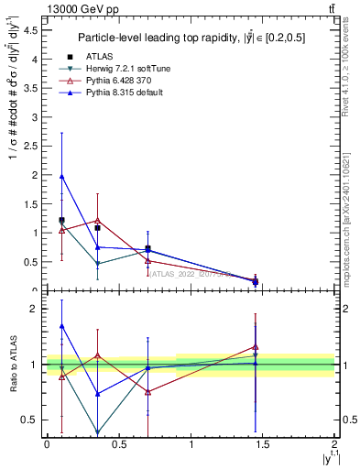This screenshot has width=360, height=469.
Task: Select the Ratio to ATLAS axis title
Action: pyautogui.click(x=12, y=365)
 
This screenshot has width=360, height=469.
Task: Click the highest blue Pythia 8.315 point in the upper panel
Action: pyautogui.click(x=61, y=176)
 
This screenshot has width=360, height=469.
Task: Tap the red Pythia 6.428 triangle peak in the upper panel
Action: pyautogui.click(x=97, y=221)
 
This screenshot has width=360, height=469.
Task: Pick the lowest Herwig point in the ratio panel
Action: pyautogui.click(x=97, y=432)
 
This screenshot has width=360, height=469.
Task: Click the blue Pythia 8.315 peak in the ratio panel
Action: pyautogui.click(x=61, y=325)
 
